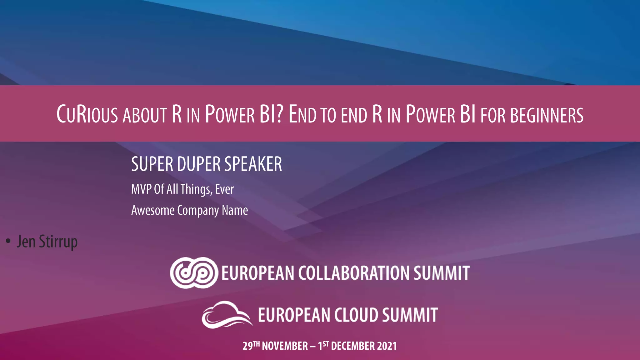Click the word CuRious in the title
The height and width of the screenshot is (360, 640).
(x=87, y=114)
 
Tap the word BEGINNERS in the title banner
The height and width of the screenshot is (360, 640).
(x=547, y=115)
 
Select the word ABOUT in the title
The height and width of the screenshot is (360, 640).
(x=145, y=115)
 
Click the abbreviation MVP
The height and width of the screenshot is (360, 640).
(x=141, y=189)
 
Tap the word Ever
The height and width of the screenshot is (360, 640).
(x=224, y=189)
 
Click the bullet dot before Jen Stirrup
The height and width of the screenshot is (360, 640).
(x=8, y=241)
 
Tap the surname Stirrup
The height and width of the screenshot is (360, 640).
(x=58, y=242)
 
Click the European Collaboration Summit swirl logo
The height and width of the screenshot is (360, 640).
(x=194, y=273)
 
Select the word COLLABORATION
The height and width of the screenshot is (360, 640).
(x=354, y=273)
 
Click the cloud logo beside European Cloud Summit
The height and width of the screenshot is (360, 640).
(x=227, y=314)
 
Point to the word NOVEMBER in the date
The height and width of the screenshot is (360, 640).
(x=285, y=346)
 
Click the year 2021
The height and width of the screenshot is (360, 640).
(x=387, y=346)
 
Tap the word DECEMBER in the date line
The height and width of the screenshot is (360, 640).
(x=352, y=346)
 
